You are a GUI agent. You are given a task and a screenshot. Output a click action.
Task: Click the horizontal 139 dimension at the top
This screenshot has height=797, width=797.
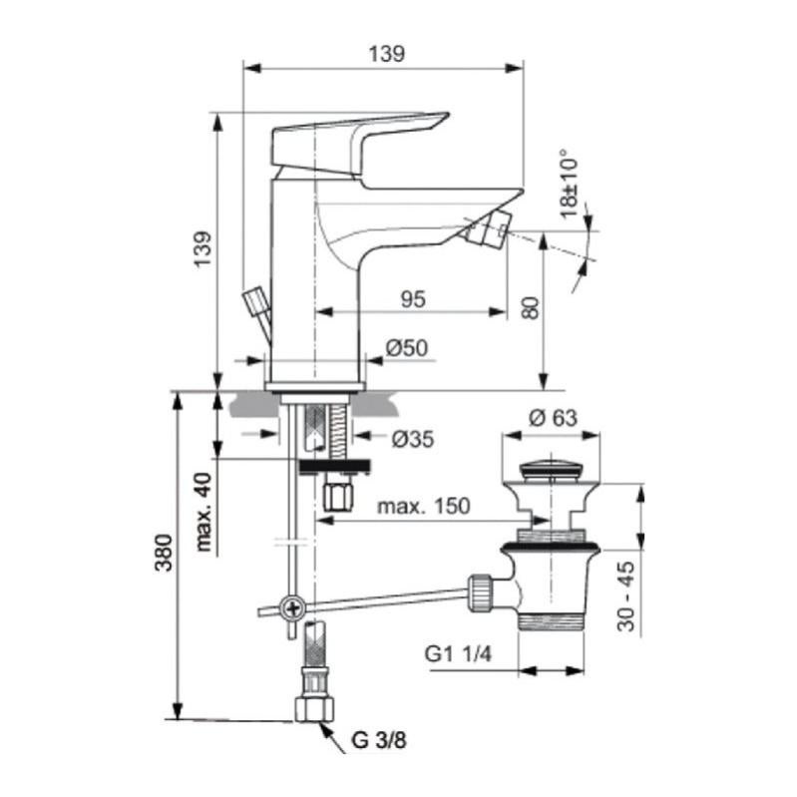coord(386,54)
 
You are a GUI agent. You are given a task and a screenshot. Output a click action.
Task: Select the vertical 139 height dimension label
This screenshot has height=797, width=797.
coord(203,248)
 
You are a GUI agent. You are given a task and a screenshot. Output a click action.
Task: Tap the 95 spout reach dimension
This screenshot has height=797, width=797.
coord(413,299)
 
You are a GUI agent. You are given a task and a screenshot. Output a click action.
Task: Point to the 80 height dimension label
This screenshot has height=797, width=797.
coord(530,308)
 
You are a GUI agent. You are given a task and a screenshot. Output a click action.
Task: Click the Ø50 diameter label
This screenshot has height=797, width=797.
coord(407,348)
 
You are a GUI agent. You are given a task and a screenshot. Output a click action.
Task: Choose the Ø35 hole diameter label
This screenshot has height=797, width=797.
coord(413,439)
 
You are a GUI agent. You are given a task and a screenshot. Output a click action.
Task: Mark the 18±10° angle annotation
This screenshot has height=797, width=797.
coord(570,184)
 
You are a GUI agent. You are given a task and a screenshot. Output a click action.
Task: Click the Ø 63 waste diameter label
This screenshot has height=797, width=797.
coord(554,418)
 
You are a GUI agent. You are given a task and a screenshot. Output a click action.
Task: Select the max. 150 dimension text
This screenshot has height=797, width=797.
coord(424,507)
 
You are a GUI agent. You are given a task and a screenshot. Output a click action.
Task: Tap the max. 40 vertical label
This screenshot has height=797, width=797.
coord(203,512)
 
